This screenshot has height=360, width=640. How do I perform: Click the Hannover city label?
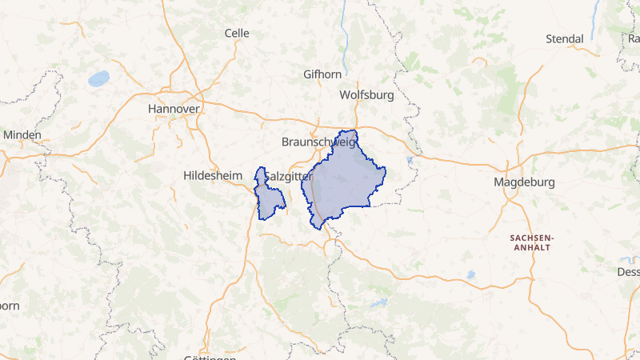pos(174,107)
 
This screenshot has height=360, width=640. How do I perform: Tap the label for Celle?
pos(237,34)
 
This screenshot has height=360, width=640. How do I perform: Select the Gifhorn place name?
pos(322,74)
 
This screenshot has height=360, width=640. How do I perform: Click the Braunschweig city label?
pos(318,142)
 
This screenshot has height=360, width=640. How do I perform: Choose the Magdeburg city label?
pos(524,182)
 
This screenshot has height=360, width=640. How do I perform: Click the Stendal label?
pos(565,38)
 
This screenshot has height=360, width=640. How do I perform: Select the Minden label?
pos(22,134)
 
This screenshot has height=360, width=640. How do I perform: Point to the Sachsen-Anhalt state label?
pos(531,242)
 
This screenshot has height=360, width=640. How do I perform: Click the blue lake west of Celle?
pos(98,78)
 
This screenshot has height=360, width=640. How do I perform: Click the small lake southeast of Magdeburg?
pos(470,274)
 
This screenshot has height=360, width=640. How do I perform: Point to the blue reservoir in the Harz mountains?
pos(378,304)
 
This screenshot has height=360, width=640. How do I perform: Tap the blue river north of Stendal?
pos(594,20)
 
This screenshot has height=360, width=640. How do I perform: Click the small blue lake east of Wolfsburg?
pos(410,161)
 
